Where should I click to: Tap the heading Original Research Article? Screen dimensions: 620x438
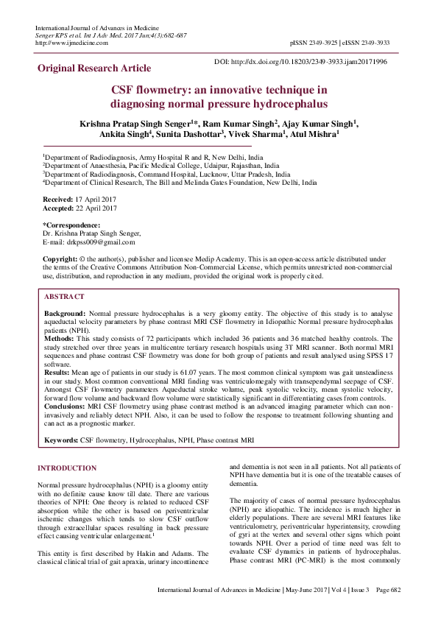[x=94, y=68]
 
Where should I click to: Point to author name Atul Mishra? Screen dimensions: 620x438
[x=314, y=135]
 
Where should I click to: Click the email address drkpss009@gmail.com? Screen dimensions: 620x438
[x=100, y=242]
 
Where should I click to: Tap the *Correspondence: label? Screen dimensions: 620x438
[x=71, y=225]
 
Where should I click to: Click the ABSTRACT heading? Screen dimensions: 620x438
[x=64, y=296]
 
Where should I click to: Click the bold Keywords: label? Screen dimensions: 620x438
[x=61, y=440]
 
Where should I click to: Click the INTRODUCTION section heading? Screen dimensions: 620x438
[x=67, y=468]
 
